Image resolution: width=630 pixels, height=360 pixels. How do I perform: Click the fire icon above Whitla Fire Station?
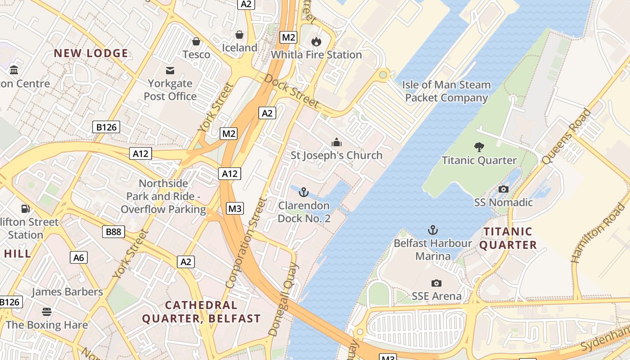pyautogui.click(x=316, y=42)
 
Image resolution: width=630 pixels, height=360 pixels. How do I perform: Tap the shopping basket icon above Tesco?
pyautogui.click(x=196, y=42)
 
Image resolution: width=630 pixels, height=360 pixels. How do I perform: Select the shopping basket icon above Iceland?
pyautogui.click(x=239, y=35)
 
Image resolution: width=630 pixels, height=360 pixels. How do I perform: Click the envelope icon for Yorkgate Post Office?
pyautogui.click(x=170, y=71)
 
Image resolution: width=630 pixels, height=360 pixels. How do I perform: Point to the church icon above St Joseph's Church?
pyautogui.click(x=336, y=143)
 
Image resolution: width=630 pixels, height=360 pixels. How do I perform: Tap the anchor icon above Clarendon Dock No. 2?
pyautogui.click(x=304, y=193)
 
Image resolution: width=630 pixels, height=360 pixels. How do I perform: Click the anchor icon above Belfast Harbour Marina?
pyautogui.click(x=432, y=230)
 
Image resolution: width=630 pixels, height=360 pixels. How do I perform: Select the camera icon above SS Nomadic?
pyautogui.click(x=504, y=189)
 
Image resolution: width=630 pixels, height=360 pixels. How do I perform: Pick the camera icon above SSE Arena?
pyautogui.click(x=436, y=283)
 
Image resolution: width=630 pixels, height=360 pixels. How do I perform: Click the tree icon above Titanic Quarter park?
pyautogui.click(x=479, y=147)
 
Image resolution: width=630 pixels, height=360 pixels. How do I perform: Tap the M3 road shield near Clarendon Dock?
pyautogui.click(x=235, y=208)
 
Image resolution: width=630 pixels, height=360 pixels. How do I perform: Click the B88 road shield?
pyautogui.click(x=113, y=232)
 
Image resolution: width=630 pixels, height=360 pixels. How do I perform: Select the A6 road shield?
pyautogui.click(x=79, y=257)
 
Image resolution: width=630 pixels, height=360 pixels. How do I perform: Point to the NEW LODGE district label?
pyautogui.click(x=91, y=53)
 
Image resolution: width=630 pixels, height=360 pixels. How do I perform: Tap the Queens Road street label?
pyautogui.click(x=566, y=136)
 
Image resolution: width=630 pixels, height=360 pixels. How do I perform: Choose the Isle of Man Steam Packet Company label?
pyautogui.click(x=446, y=91)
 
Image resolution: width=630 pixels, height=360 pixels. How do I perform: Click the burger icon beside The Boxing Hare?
pyautogui.click(x=46, y=311)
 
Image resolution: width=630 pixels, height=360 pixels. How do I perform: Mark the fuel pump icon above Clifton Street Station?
pyautogui.click(x=26, y=209)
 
